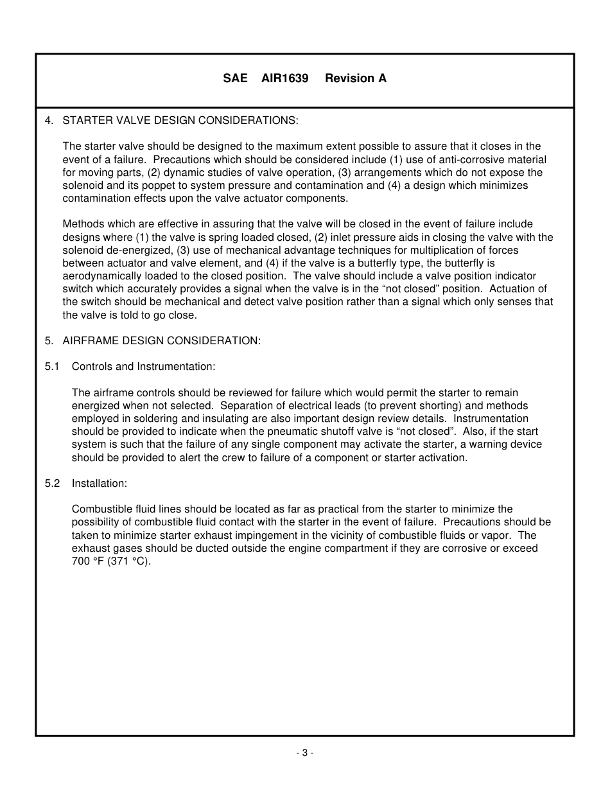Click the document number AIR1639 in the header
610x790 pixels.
[x=284, y=78]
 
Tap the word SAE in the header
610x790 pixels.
[x=235, y=78]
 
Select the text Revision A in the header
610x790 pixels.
[x=356, y=78]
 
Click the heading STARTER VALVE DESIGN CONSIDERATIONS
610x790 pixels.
[x=180, y=120]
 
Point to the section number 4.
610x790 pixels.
[x=49, y=120]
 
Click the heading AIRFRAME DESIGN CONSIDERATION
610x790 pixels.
[x=162, y=340]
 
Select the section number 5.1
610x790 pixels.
[x=52, y=367]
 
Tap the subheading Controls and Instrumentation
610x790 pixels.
[x=143, y=367]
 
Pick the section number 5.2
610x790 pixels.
[x=52, y=483]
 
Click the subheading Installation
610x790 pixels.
[x=100, y=483]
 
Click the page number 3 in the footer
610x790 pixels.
[x=305, y=753]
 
